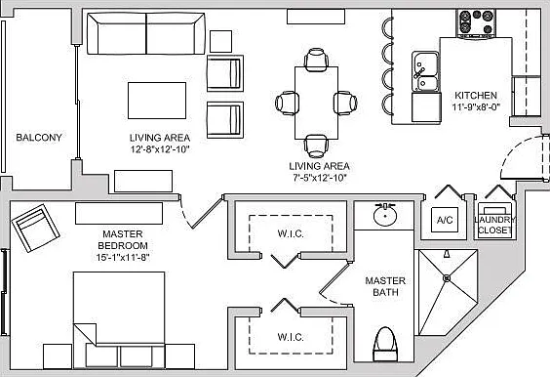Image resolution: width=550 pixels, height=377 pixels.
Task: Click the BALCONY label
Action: (39, 138)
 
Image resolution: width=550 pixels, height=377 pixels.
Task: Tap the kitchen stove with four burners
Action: (476, 22)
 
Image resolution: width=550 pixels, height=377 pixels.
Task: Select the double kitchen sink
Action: (425, 71)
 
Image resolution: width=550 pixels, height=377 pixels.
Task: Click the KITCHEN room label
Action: (476, 95)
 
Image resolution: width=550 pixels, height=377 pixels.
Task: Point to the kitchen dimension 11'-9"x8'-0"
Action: (476, 106)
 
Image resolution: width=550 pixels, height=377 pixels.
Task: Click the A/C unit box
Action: (445, 220)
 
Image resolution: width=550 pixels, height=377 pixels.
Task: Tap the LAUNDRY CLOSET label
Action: (495, 225)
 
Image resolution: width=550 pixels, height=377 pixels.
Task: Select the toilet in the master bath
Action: (385, 344)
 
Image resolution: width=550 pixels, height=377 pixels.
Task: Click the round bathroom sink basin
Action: (385, 215)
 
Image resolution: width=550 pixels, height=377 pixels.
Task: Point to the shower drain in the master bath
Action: (447, 278)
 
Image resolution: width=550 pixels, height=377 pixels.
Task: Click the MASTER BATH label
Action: (385, 286)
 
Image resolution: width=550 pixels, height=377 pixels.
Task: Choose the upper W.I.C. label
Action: (291, 233)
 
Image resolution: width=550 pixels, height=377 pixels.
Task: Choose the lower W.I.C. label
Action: (291, 337)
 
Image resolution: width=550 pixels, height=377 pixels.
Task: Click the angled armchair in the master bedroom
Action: (35, 228)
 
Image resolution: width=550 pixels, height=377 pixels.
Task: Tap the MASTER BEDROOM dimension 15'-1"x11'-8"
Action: (123, 258)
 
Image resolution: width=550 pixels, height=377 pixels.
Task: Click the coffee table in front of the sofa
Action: (157, 101)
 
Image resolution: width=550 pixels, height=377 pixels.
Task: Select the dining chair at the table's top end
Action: (316, 59)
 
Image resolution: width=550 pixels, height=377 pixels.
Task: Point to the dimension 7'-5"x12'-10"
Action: (320, 178)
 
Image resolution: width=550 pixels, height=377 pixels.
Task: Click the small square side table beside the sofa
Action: (220, 41)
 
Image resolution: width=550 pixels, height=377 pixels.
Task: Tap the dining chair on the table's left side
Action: (287, 103)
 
